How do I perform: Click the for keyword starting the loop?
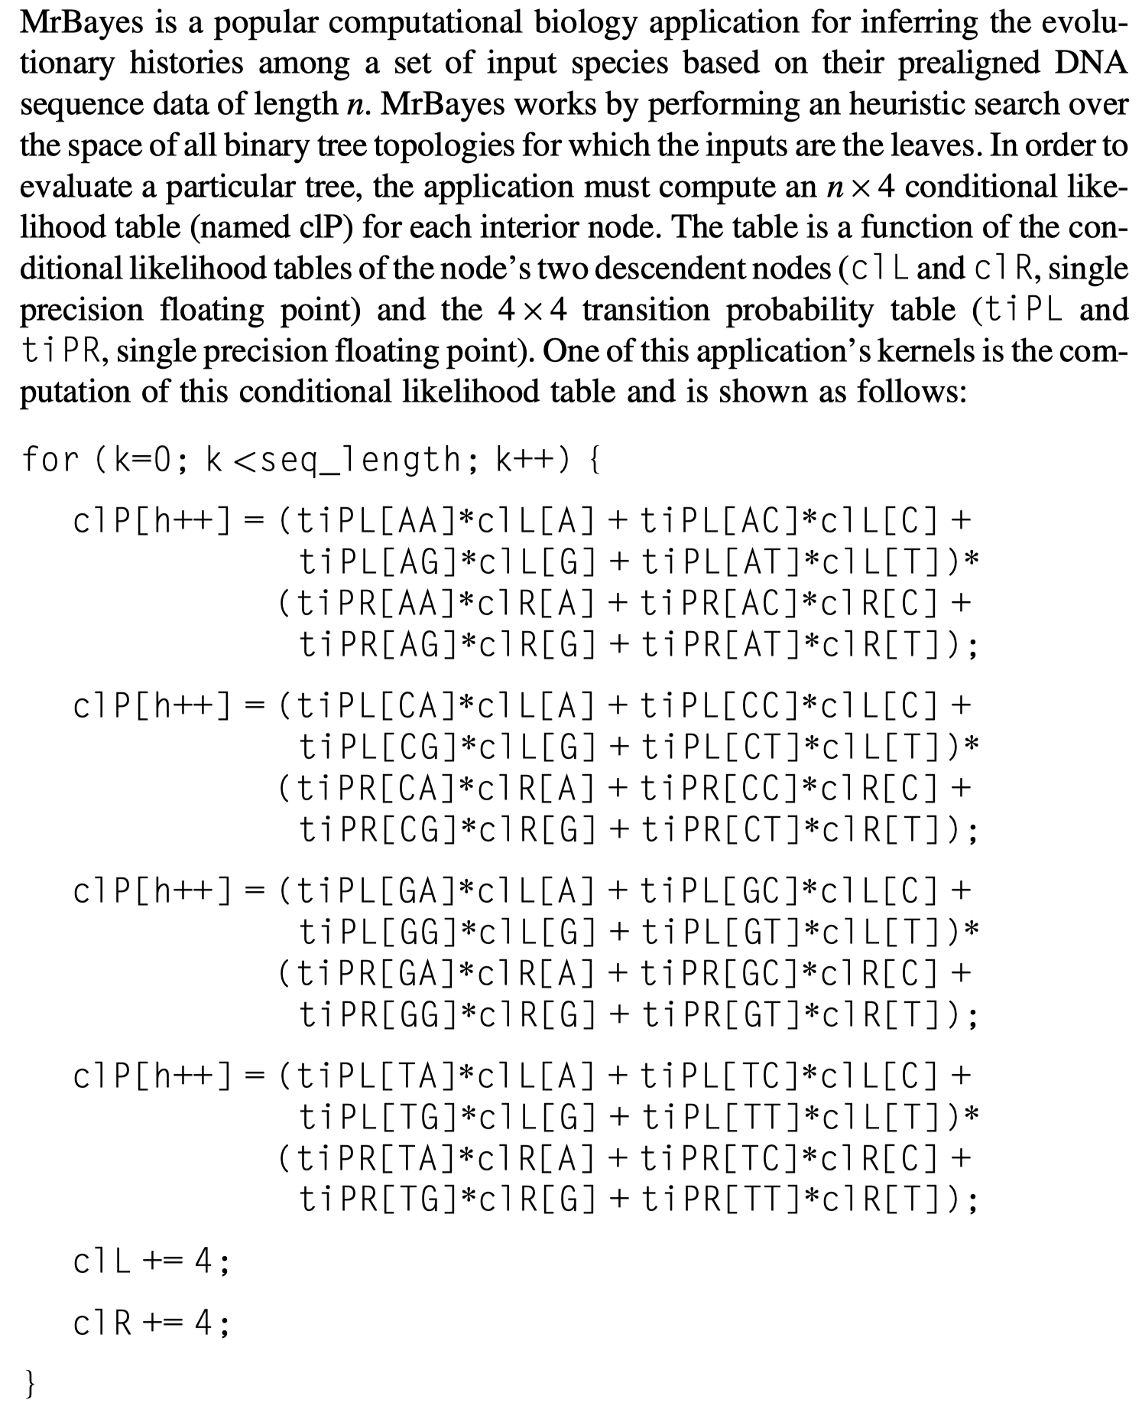50,460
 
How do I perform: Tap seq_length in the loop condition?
362,460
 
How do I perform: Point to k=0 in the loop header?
148,460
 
